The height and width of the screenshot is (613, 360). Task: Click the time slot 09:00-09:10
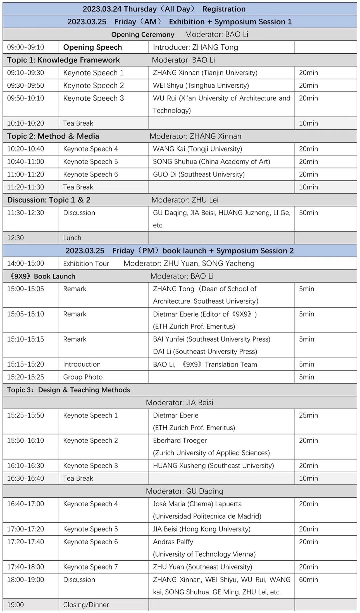(26, 47)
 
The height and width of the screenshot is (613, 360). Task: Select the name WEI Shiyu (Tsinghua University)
(201, 85)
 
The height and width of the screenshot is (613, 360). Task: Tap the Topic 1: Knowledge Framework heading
(63, 60)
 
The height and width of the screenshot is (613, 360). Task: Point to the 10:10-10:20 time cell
(26, 123)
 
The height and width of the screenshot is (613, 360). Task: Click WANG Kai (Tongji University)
(197, 149)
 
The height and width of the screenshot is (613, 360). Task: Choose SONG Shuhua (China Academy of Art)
(211, 162)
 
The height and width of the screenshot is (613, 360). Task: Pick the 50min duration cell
(308, 213)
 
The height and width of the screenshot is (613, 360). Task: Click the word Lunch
(72, 238)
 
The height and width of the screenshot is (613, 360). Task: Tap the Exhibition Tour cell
(86, 263)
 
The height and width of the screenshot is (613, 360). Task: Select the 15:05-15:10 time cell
(26, 314)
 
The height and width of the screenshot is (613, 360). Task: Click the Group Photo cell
(83, 377)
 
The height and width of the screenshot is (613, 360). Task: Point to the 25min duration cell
(308, 416)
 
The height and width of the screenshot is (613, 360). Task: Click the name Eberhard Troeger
(180, 441)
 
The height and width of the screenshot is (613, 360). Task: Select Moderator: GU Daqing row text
(184, 491)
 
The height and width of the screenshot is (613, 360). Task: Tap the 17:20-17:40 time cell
(26, 542)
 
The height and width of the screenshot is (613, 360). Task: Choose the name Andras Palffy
(173, 542)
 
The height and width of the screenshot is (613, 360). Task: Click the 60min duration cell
(308, 580)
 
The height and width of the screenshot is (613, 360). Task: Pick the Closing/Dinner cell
(86, 605)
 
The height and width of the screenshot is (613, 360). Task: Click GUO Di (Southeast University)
(199, 174)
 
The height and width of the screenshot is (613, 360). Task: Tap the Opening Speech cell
(92, 47)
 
